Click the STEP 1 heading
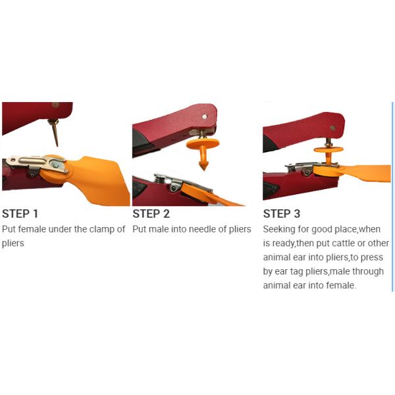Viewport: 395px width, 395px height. (x=20, y=213)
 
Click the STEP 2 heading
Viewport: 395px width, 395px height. (x=151, y=213)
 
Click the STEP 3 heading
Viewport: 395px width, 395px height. (x=282, y=213)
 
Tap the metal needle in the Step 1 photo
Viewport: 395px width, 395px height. (x=55, y=132)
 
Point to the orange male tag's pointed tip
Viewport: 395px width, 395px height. (x=203, y=169)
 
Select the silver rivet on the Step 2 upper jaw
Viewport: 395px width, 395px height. (x=205, y=117)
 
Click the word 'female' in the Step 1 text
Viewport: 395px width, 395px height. (x=32, y=229)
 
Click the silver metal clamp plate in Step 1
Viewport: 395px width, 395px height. (x=37, y=163)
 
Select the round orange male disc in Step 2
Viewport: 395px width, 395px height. (x=203, y=144)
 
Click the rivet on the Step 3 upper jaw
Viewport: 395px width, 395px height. (x=332, y=128)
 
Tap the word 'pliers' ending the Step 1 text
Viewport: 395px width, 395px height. (x=13, y=244)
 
